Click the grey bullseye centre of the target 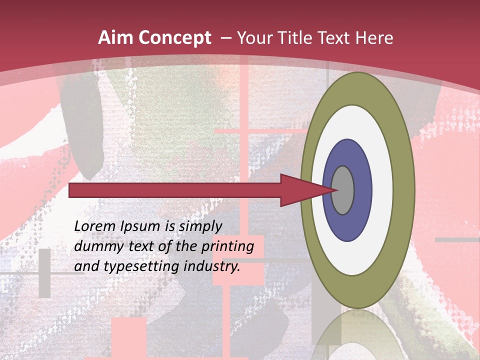point(343,190)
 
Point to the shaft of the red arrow point(175,190)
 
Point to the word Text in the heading point(336,38)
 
